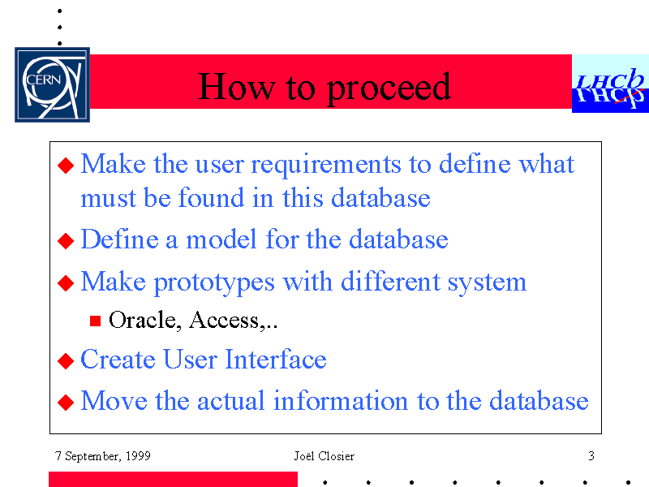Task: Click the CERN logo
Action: (x=52, y=84)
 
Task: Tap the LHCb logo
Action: (x=611, y=84)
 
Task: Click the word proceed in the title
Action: (x=389, y=88)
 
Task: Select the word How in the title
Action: (x=236, y=86)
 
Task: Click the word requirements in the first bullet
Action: (x=326, y=166)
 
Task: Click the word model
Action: (x=221, y=239)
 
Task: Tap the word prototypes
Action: (x=214, y=283)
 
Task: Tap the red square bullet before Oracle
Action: (x=95, y=321)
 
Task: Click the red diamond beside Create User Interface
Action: (x=66, y=360)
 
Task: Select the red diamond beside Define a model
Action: (x=66, y=241)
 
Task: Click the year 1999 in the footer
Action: (x=138, y=456)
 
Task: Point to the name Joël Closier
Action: (x=324, y=456)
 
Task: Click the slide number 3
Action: (x=591, y=456)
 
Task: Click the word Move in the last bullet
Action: (x=114, y=401)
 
